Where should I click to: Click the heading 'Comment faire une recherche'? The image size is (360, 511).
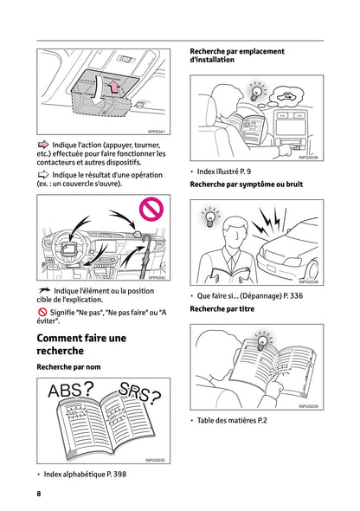pyautogui.click(x=80, y=344)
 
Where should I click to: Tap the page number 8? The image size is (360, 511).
pyautogui.click(x=39, y=493)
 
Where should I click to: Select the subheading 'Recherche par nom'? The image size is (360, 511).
pyautogui.click(x=68, y=367)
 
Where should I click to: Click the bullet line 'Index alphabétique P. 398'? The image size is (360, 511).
pyautogui.click(x=85, y=474)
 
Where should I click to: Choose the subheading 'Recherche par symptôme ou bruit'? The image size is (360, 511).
pyautogui.click(x=246, y=184)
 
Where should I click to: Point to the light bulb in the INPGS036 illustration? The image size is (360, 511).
pyautogui.click(x=256, y=91)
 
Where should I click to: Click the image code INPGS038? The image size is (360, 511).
pyautogui.click(x=308, y=282)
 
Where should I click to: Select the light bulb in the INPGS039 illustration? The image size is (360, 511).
pyautogui.click(x=261, y=340)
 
